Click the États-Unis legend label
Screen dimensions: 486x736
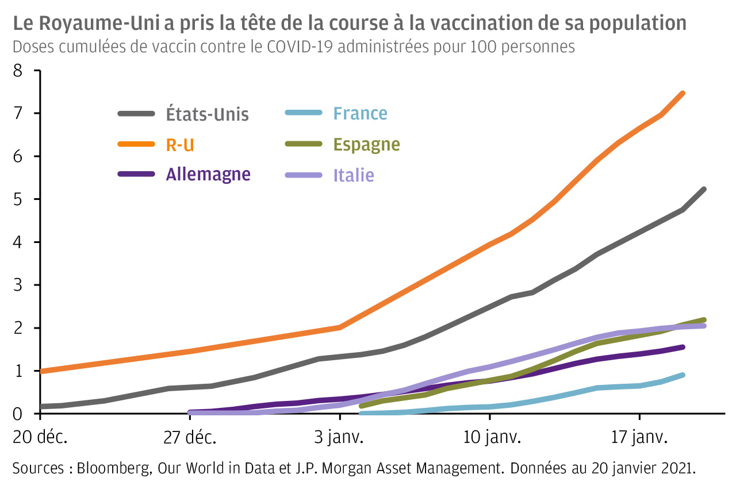coord(208,114)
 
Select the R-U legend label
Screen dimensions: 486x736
coord(180,145)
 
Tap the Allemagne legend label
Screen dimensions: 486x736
coord(208,174)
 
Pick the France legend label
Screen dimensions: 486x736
coord(361,114)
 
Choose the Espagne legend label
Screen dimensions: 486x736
coord(367,144)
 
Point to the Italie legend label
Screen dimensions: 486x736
coord(354,175)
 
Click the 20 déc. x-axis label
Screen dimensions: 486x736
coord(40,438)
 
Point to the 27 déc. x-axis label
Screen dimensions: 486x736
coord(189,438)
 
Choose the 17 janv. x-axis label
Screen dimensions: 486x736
coord(639,438)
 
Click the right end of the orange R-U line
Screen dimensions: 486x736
coord(683,93)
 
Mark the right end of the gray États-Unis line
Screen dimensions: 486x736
coord(704,190)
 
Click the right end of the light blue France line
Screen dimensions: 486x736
coord(683,375)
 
